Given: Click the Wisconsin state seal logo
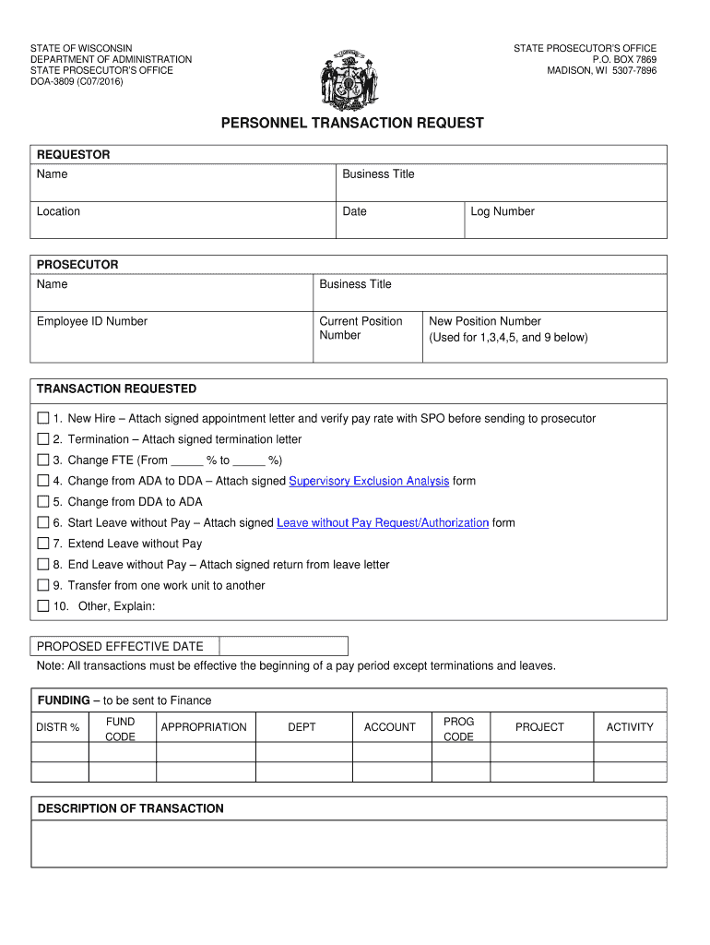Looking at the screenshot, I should coord(349,77).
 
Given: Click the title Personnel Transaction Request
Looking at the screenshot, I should coord(351,124).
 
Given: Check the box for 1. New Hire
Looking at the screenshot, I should coord(42,418).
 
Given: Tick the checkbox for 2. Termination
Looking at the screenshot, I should coord(42,439).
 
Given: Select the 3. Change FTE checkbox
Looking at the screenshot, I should coord(42,460).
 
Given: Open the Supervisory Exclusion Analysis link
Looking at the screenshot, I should coord(369,481).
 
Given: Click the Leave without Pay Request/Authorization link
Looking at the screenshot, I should coord(383,522).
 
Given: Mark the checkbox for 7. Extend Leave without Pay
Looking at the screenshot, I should coord(42,544).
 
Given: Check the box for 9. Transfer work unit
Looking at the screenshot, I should coord(42,585).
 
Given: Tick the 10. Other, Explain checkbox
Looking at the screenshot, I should coord(42,606).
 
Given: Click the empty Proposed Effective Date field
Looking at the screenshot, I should coord(283,646).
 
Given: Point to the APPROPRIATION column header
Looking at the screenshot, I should coord(204,727).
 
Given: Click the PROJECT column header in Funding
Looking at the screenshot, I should coord(539,727).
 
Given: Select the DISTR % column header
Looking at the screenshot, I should coord(58,727).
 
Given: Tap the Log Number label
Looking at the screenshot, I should coord(503,211).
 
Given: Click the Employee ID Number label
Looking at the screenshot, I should coord(92,321).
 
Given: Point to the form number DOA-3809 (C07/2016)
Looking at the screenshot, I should coord(77,82).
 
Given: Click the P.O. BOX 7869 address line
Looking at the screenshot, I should coord(624,59).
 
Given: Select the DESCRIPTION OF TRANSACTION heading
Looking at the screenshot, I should coord(130,808).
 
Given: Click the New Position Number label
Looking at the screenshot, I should coord(485,321).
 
